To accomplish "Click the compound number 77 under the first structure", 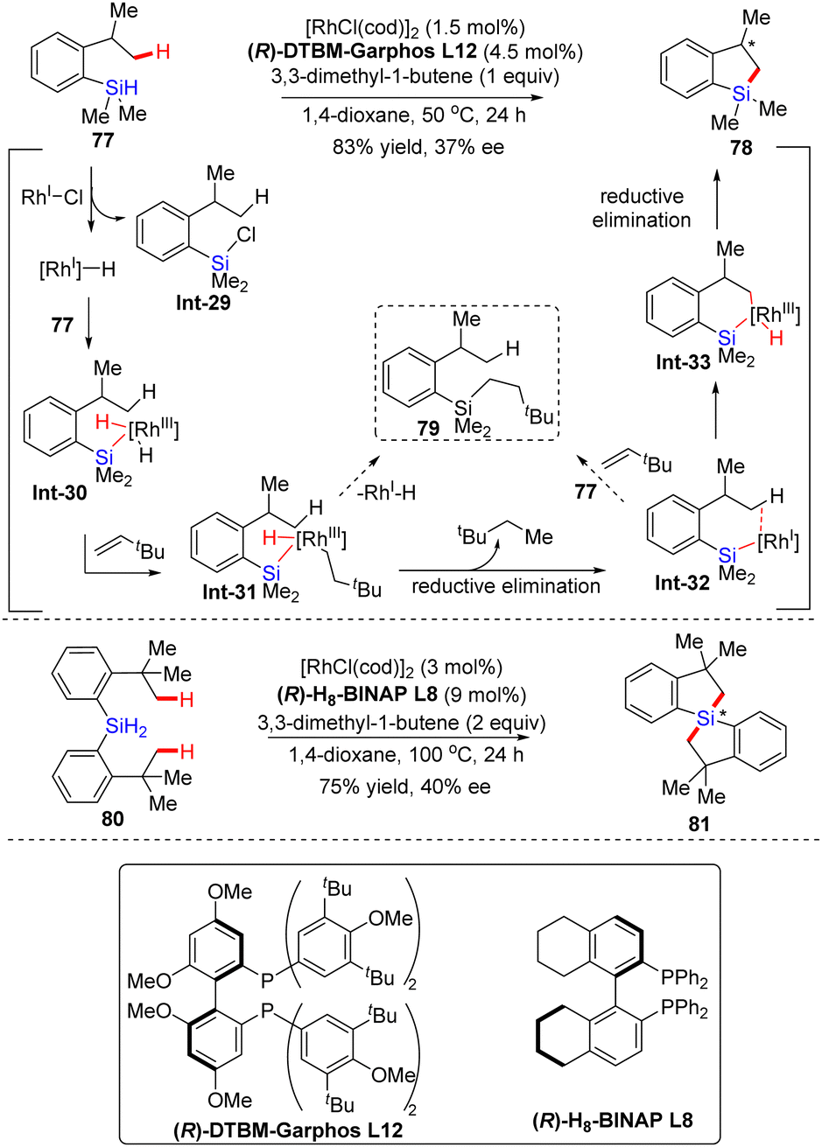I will pos(103,140).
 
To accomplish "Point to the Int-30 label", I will pos(58,493).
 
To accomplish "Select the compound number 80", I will pos(104,819).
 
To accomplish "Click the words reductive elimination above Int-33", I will pos(642,207).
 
